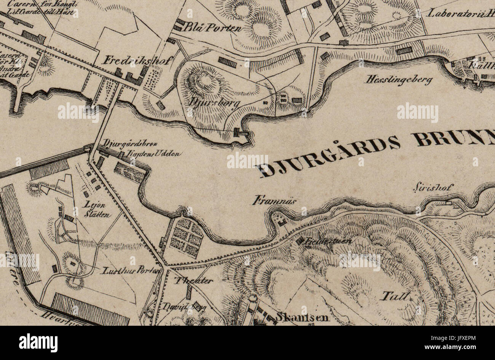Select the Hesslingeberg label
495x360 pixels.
(x=399, y=80)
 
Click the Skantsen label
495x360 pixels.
(x=303, y=317)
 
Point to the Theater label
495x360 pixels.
(x=193, y=281)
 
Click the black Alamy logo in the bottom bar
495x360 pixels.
(x=38, y=342)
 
